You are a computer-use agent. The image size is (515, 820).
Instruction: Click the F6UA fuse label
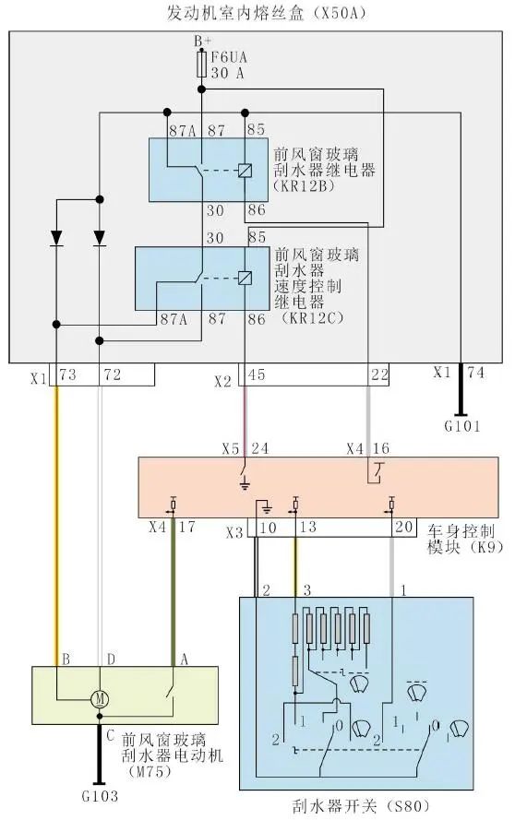click(x=231, y=58)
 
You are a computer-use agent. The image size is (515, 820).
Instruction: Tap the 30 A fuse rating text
click(x=228, y=73)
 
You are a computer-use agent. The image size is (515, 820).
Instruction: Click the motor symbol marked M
click(x=100, y=699)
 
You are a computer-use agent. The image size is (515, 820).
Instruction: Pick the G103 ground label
click(x=99, y=795)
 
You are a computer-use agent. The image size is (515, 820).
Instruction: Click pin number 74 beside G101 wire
click(x=474, y=374)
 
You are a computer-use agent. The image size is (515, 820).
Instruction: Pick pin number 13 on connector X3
click(x=309, y=528)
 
